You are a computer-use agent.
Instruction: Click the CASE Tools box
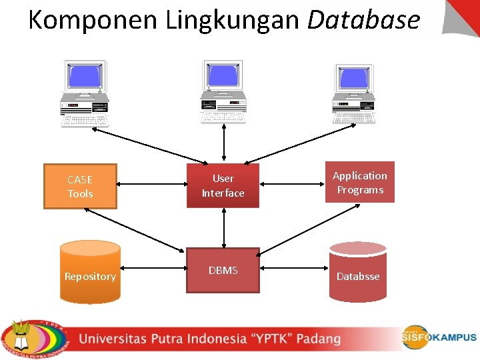[x=80, y=187]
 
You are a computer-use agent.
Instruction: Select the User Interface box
[x=223, y=186]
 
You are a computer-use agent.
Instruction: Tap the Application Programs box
[x=359, y=183]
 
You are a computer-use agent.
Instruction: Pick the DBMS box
[x=223, y=270]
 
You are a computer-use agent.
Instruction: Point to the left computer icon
[x=85, y=93]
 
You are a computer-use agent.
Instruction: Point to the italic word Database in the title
[x=363, y=20]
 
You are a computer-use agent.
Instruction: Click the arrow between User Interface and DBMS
[x=223, y=227]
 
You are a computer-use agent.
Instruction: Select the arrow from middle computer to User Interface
[x=223, y=143]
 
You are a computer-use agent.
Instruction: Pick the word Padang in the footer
[x=318, y=339]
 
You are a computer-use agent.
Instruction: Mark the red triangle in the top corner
[x=465, y=13]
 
